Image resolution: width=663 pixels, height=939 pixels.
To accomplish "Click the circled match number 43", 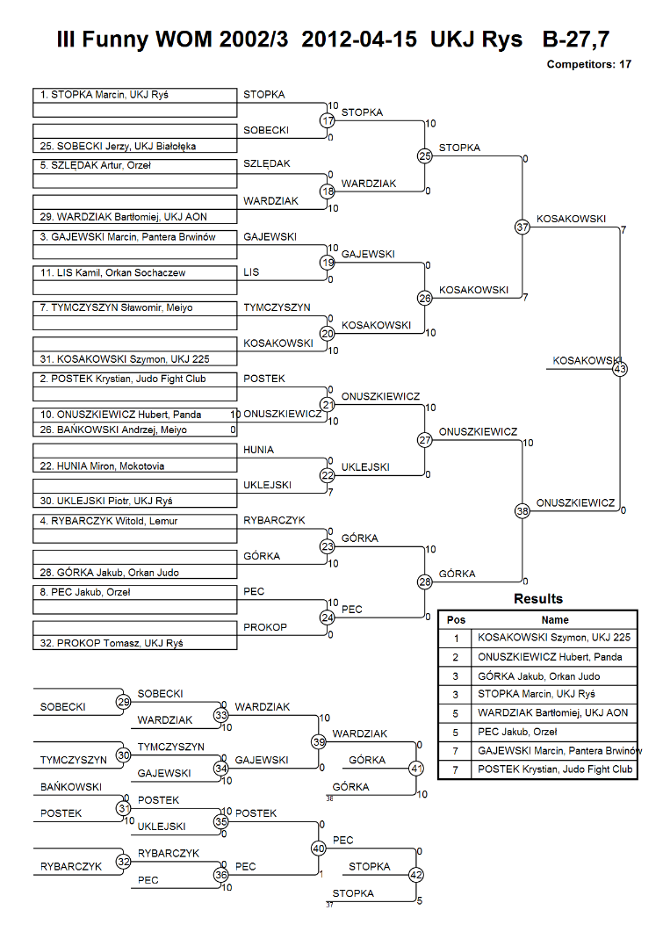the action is point(620,369).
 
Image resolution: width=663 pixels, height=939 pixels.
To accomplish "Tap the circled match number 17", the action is point(328,120).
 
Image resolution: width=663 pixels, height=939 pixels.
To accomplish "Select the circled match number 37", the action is point(522,227).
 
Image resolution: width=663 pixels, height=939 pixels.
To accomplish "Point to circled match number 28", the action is point(425,581).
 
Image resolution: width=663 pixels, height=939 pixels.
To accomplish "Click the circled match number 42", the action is point(416,875).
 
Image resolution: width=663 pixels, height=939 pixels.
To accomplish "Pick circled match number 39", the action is point(319,742).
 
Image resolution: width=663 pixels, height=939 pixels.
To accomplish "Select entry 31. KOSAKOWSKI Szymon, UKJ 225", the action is point(125,359).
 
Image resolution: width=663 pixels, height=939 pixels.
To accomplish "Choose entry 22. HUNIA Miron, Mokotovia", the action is point(102,466).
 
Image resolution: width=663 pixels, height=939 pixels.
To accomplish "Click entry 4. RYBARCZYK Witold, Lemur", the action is point(108,521).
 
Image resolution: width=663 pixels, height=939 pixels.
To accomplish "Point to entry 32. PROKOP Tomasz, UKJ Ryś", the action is point(112,643).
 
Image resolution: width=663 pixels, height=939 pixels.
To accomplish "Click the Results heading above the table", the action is point(538,599).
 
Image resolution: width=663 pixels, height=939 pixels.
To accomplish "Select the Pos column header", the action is point(456,620).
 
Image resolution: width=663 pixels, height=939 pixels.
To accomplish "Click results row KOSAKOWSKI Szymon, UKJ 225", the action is point(554,638).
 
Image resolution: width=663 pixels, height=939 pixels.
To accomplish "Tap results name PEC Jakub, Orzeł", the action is point(517,732).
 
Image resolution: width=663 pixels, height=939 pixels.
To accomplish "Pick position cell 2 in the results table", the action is point(455,657).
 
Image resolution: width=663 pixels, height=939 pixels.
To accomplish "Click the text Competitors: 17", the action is point(588,64).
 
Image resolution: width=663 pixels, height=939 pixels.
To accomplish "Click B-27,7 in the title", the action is point(575,40).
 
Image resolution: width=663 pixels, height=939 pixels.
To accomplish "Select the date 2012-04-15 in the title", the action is point(359,40).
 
